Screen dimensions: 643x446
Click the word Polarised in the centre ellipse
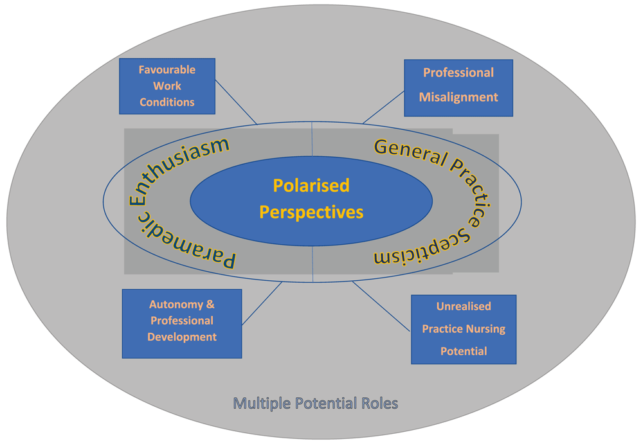coord(311,185)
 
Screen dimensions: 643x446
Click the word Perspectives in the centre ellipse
coord(311,212)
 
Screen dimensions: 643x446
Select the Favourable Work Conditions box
coord(167,86)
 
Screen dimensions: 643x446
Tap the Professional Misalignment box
coord(458,88)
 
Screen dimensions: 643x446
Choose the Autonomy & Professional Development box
coord(182,324)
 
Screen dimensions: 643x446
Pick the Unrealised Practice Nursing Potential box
coord(464,329)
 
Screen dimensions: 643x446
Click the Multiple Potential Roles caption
coord(315,404)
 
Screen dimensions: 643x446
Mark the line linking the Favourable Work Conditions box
coord(236,102)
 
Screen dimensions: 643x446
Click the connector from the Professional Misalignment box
coord(383,107)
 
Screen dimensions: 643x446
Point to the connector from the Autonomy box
coord(262,304)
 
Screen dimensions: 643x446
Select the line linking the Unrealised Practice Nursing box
coord(381,306)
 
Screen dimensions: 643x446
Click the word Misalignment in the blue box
coord(458,97)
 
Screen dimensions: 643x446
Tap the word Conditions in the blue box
coord(167,102)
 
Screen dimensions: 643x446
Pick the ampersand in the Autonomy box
coord(210,305)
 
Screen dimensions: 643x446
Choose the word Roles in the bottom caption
coord(379,404)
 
